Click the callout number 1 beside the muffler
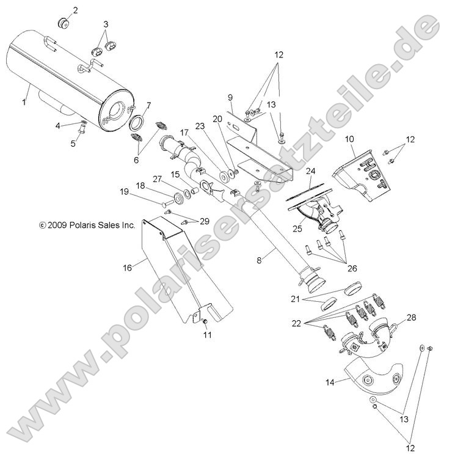click(24, 102)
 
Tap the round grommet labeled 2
click(64, 23)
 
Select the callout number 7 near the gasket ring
click(149, 105)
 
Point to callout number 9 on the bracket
click(230, 97)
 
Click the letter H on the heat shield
click(367, 161)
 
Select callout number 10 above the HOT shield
click(350, 139)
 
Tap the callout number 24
click(310, 171)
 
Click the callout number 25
click(297, 229)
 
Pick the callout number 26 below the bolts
click(352, 268)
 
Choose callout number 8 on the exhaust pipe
click(259, 260)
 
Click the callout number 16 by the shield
click(128, 268)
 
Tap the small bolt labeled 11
click(204, 321)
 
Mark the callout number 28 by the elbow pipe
click(412, 317)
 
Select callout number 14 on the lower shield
click(330, 383)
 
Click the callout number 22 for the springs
click(296, 323)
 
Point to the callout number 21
click(295, 299)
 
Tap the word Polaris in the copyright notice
click(80, 225)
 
